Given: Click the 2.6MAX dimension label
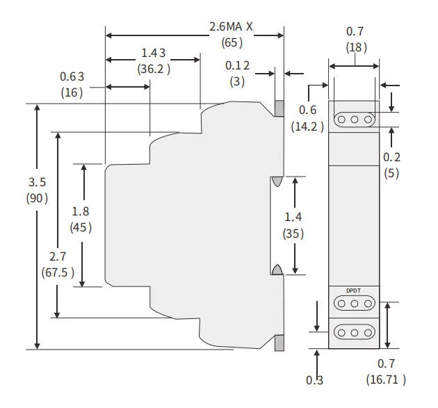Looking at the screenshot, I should [x=232, y=26].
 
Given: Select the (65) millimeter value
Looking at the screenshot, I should [x=232, y=42].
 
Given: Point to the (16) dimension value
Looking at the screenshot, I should [x=72, y=92].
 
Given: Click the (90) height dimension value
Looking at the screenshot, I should [x=37, y=198].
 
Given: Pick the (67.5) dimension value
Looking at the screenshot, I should [x=58, y=272].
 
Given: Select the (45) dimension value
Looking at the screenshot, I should [x=81, y=227].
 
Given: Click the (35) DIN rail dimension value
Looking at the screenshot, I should [x=293, y=234].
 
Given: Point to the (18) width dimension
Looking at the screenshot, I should [x=355, y=47].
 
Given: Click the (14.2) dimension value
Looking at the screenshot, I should [x=308, y=127].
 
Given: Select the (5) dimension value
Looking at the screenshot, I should [x=392, y=173].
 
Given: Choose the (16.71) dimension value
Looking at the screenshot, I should [x=386, y=379].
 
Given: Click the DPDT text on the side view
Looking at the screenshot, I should [x=355, y=291].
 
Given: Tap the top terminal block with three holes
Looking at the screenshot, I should [x=355, y=120].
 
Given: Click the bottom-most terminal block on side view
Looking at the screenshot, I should [x=355, y=332].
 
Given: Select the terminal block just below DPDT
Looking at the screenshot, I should [x=355, y=304].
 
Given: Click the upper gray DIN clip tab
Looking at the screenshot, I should [x=279, y=108].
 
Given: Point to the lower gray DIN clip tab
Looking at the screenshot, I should [x=279, y=343].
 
